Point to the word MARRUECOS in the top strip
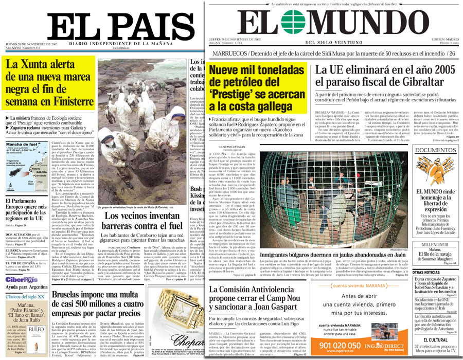point(228,53)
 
